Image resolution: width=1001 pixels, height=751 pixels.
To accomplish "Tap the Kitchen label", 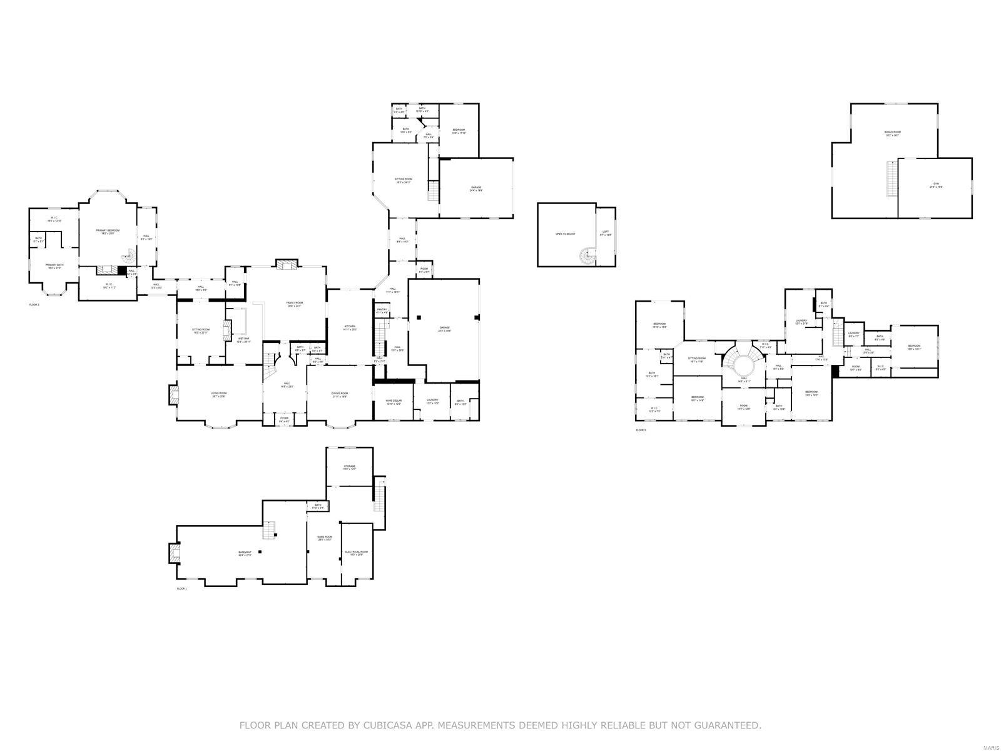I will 350,327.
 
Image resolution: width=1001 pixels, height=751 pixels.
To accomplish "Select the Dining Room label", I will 339,394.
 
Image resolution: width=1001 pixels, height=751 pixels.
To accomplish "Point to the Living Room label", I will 218,394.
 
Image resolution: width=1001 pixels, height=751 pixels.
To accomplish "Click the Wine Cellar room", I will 394,402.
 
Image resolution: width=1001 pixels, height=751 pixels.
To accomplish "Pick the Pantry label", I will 382,310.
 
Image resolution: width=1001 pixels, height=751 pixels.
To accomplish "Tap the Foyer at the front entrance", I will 284,419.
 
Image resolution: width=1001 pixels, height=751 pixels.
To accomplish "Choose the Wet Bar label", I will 243,340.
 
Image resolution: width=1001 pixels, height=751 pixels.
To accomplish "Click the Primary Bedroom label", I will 108,232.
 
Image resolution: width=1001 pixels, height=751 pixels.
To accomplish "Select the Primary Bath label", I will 54,266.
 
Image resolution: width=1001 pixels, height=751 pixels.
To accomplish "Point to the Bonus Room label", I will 892,133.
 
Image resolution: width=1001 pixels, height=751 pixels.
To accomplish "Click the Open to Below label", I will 565,234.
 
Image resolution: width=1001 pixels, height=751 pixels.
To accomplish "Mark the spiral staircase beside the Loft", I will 587,255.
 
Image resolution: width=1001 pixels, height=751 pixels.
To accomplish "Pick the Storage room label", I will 349,467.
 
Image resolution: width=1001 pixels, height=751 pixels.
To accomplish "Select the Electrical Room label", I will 356,553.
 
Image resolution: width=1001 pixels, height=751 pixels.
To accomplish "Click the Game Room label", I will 325,538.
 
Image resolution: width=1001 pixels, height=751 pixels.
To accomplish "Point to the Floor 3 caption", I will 641,430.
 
